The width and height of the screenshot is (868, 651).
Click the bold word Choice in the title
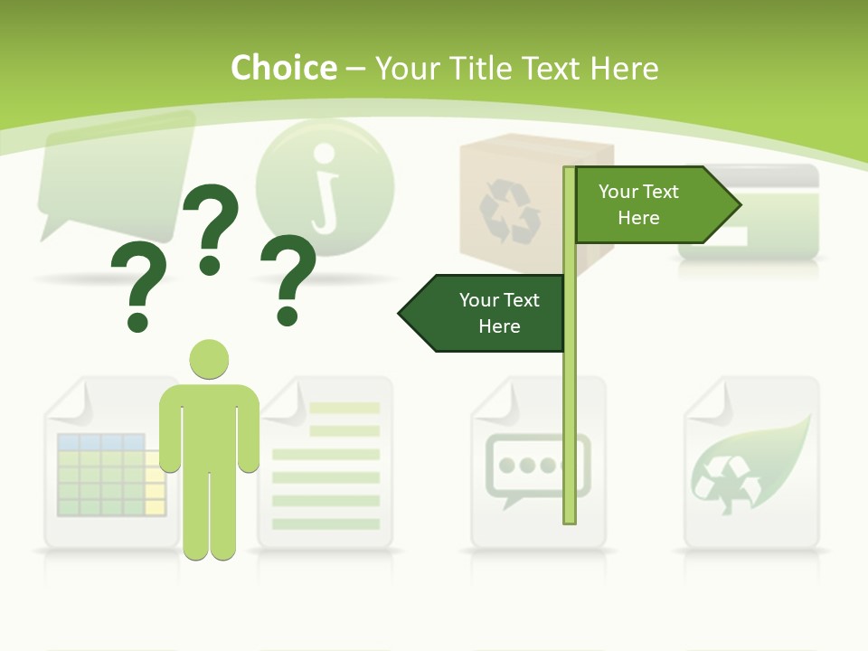point(283,68)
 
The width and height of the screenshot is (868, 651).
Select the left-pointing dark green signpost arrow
point(483,313)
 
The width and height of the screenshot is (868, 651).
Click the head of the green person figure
point(209,359)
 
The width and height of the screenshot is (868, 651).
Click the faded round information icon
point(325,185)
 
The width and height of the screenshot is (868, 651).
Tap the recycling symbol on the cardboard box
point(509,212)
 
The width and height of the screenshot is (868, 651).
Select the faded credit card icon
point(749,212)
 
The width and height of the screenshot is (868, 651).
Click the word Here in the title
point(624,69)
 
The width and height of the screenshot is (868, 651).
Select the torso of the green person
point(209,425)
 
